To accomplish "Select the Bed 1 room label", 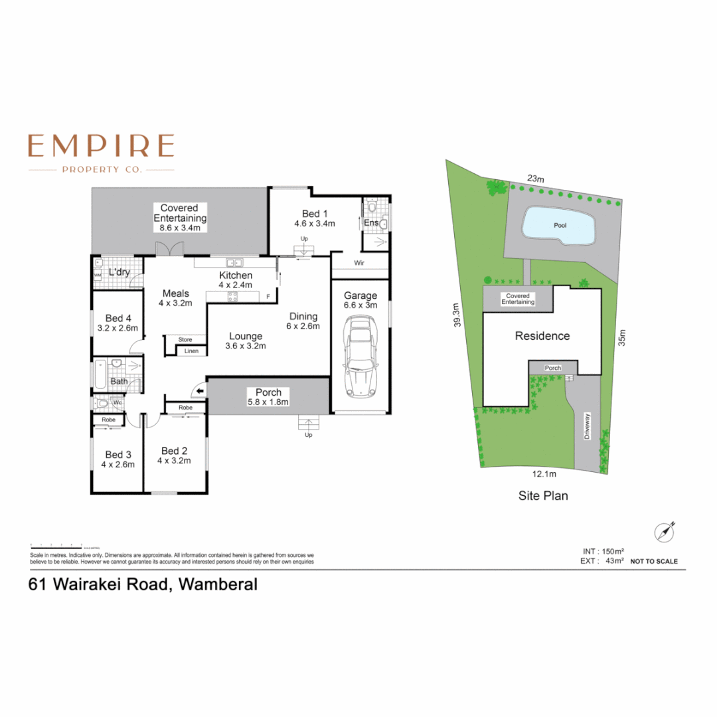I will pos(315,214).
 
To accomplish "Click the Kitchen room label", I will pos(236,276).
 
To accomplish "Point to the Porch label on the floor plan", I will pos(268,392).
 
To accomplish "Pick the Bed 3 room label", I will pos(118,455).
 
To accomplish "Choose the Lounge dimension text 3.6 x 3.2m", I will pos(246,346).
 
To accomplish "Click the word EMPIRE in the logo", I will pos(102,146).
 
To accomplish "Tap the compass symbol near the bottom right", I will pos(664,532).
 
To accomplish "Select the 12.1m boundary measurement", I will pos(544,474).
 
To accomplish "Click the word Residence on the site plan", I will pos(542,336).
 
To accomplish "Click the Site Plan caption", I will pos(542,495).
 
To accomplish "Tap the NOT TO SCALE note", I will pos(654,562).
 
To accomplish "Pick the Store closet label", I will pos(185,340).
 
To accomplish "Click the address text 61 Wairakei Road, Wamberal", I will pos(142,585).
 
